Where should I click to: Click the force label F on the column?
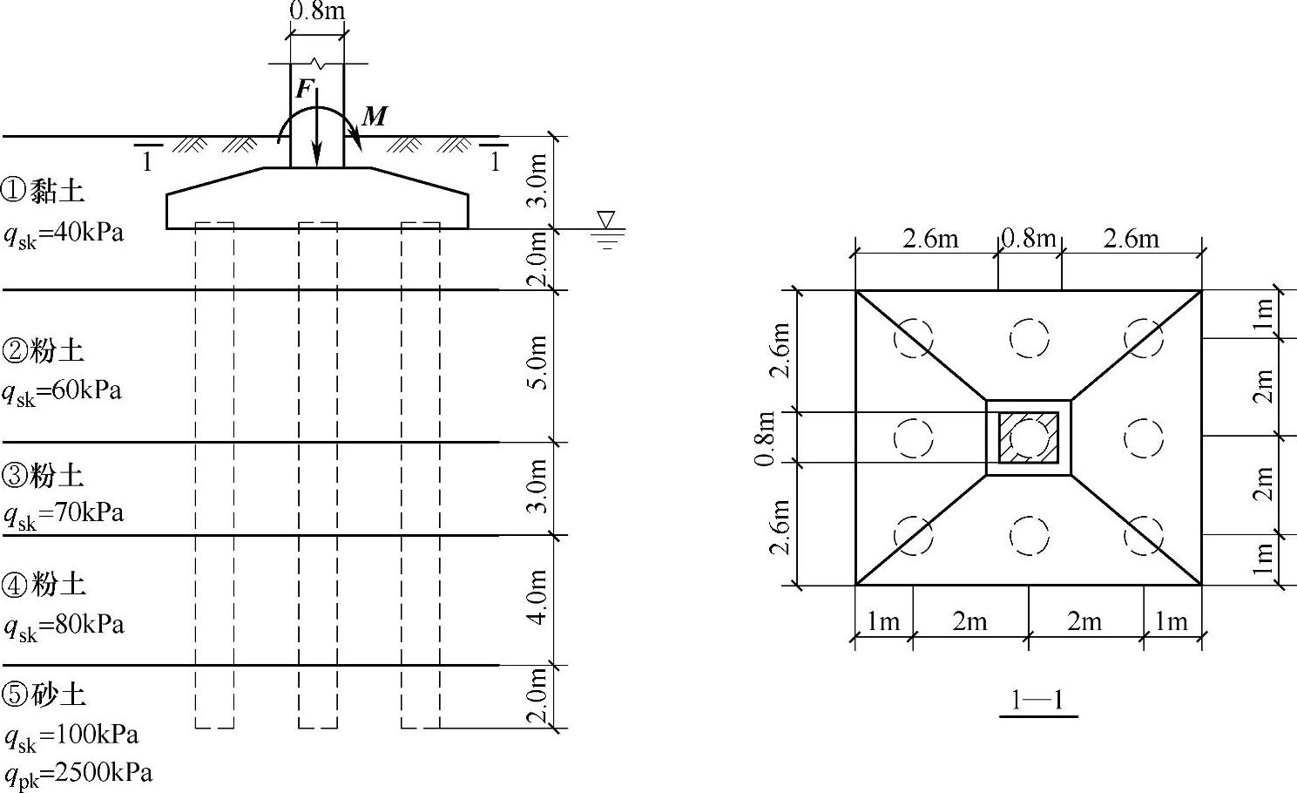304,89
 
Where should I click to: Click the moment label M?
375,117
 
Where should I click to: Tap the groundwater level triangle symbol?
606,220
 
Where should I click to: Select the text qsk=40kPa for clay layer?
64,234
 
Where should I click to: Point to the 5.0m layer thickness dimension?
538,363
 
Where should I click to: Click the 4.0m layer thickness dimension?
538,597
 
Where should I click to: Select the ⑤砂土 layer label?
44,695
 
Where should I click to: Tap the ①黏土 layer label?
43,191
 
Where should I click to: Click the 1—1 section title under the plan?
1037,701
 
